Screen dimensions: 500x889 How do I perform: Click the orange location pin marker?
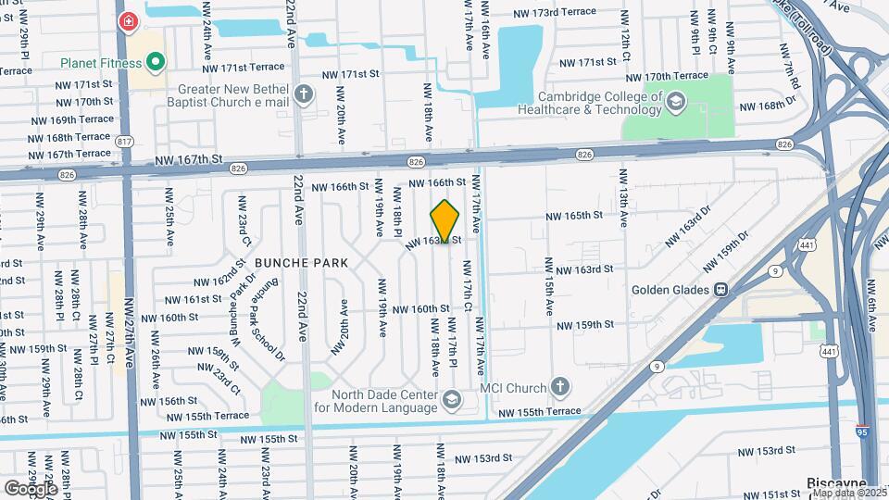(x=445, y=220)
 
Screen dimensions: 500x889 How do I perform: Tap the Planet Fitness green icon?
(x=157, y=63)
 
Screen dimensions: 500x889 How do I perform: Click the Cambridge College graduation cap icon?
(x=676, y=101)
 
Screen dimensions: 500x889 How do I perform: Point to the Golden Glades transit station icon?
(x=720, y=289)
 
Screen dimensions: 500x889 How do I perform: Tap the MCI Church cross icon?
(x=558, y=385)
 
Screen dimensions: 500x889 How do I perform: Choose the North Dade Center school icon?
(x=452, y=400)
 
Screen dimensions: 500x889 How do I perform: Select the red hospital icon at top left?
(x=127, y=20)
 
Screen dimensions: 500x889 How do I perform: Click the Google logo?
(x=31, y=488)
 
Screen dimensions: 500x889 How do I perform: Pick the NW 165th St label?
(x=573, y=215)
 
